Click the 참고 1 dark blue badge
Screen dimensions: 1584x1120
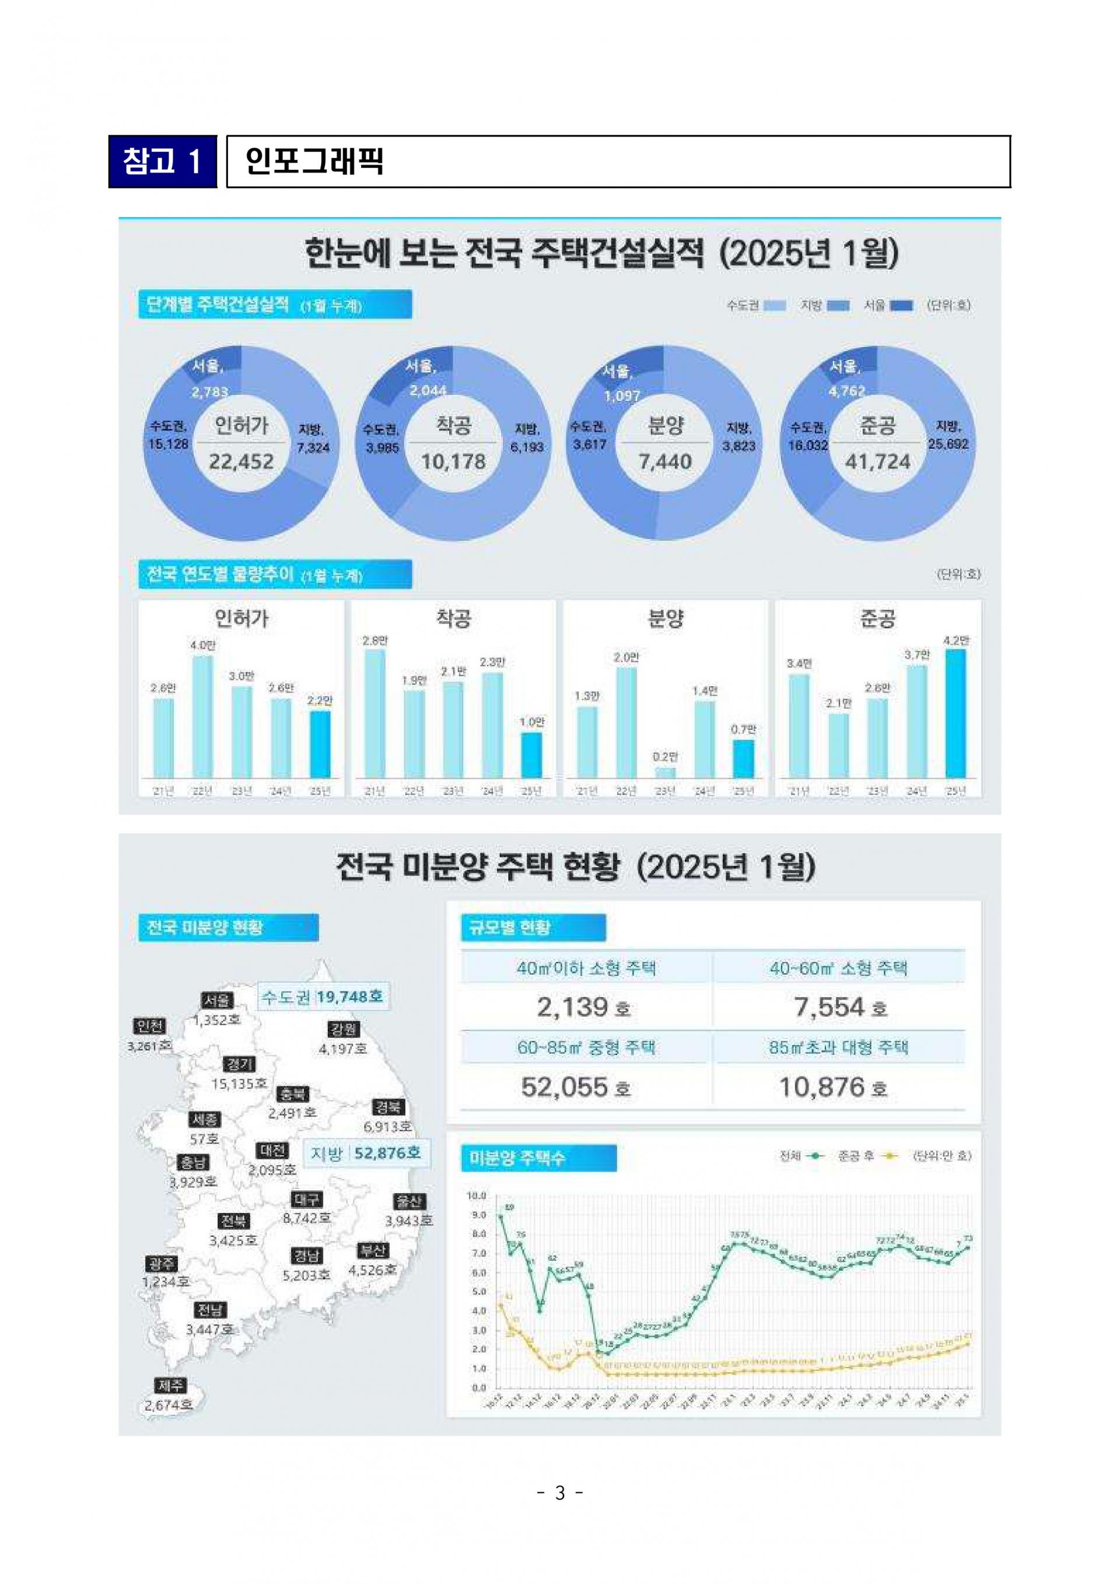[163, 162]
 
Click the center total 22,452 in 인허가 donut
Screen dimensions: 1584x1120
[242, 461]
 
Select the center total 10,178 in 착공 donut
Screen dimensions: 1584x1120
[453, 461]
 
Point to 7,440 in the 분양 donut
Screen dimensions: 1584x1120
[665, 461]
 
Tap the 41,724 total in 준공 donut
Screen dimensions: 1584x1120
[877, 461]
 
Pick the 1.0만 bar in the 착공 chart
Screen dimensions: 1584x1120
[531, 755]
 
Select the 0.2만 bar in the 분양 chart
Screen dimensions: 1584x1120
[665, 772]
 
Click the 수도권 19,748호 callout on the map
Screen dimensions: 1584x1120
[323, 996]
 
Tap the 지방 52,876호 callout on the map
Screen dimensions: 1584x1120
[366, 1153]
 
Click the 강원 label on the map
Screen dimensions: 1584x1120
[344, 1029]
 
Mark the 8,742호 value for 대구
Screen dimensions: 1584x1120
[306, 1218]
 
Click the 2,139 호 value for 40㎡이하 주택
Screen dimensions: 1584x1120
[583, 1007]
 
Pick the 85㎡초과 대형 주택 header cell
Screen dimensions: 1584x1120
[839, 1047]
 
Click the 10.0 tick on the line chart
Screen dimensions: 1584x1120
[477, 1195]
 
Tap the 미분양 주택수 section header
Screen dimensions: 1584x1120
[538, 1158]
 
